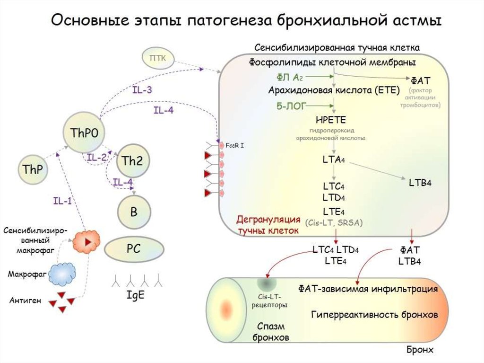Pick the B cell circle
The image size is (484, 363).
click(x=134, y=212)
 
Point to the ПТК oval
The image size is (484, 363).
click(x=158, y=58)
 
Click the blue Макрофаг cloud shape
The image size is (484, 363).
click(x=63, y=273)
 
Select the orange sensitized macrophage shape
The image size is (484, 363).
click(x=86, y=241)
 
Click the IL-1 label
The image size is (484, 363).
click(x=62, y=201)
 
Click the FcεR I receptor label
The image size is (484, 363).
click(x=235, y=144)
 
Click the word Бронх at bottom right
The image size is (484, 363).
click(x=420, y=350)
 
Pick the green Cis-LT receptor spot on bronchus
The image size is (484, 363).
click(x=266, y=284)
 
